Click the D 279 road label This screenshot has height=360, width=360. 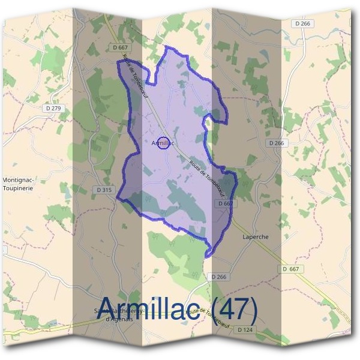(53, 108)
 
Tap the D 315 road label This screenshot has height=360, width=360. (103, 190)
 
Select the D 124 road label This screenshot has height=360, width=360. (244, 329)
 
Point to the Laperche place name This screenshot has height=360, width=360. (255, 237)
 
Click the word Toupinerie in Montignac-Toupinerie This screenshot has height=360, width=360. (17, 187)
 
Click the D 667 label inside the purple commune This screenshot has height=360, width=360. (225, 203)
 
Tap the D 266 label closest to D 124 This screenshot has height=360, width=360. (219, 277)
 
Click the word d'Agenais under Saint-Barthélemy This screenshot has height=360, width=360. (119, 319)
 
